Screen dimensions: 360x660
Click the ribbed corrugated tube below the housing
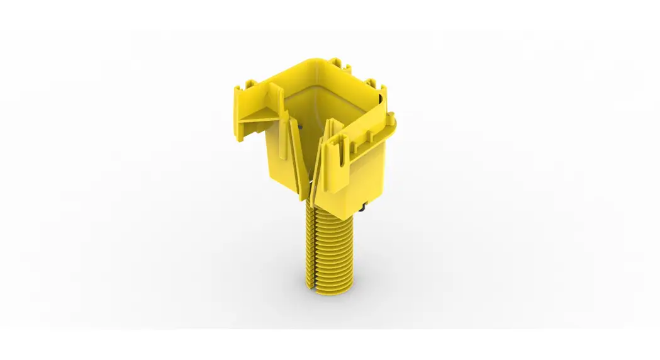click(333, 252)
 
